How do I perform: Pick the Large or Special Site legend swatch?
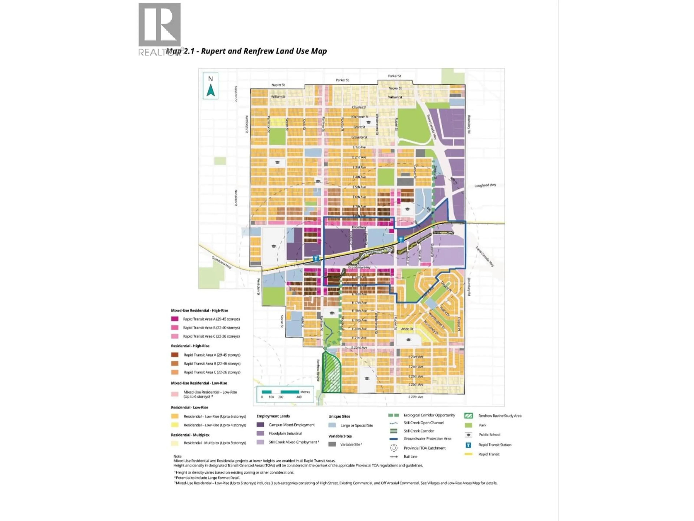pos(332,425)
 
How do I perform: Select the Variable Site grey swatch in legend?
pos(332,444)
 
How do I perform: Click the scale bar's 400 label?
pos(299,397)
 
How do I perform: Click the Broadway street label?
pos(359,227)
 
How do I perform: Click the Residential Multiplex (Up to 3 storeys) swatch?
pos(175,443)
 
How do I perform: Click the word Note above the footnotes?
pos(178,456)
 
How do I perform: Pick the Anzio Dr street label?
pos(407,329)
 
